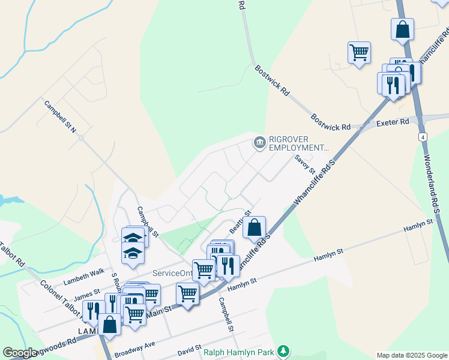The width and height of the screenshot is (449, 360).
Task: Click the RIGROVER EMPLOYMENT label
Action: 300,143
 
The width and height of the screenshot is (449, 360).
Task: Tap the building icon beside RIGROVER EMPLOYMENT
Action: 259,143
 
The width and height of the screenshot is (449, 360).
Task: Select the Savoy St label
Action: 301,163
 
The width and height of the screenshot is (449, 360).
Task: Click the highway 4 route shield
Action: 423,137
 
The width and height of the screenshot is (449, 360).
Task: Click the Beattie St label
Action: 239,223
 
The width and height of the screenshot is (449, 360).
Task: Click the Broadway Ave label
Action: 135,349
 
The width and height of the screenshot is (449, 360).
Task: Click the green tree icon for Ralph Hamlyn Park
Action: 286,350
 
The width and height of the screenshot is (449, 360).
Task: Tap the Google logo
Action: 20,353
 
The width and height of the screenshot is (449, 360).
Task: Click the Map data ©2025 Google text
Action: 411,355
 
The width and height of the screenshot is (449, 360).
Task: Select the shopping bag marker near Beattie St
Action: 255,227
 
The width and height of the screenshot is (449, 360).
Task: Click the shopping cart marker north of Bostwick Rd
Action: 359,52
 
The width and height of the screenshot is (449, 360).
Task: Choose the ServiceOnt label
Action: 172,273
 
